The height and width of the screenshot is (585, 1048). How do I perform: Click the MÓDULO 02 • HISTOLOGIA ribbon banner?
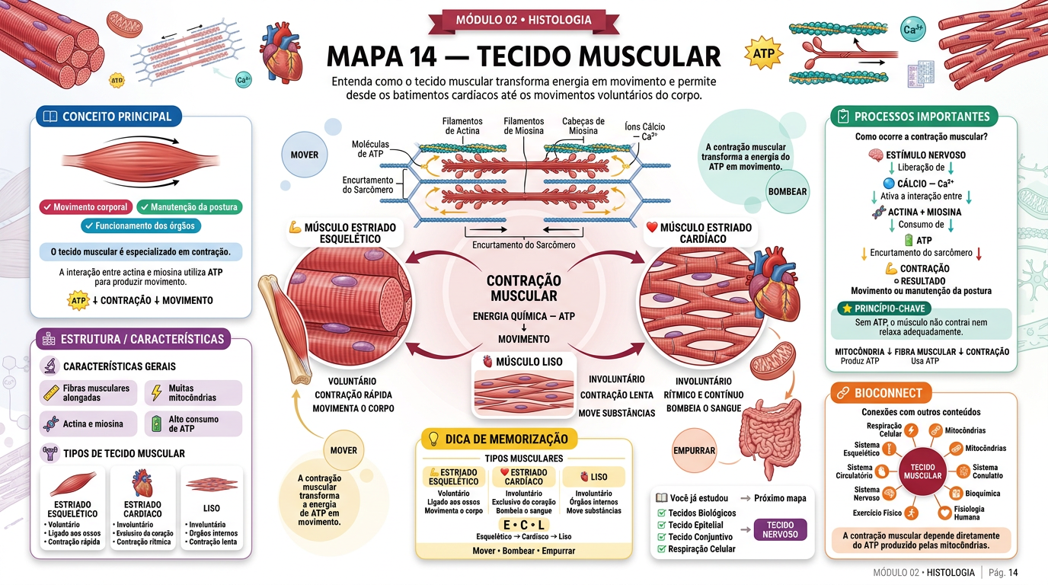[523, 20]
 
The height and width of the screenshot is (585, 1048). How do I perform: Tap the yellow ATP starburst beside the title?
[763, 53]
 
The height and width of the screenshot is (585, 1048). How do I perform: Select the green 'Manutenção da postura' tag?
[190, 207]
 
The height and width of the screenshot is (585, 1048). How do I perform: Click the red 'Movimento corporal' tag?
[85, 207]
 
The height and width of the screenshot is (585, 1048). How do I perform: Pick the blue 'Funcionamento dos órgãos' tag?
[141, 225]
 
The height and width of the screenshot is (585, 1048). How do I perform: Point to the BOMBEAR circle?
[788, 191]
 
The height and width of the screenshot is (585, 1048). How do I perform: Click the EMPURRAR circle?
[695, 450]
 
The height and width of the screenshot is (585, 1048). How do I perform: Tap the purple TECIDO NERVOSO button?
[780, 530]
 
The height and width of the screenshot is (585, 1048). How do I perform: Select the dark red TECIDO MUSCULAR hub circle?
[922, 472]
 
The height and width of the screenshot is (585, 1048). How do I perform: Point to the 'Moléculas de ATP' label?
[370, 149]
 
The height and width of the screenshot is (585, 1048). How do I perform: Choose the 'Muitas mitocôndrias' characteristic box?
[193, 392]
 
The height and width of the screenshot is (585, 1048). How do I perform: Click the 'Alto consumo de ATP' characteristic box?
[193, 424]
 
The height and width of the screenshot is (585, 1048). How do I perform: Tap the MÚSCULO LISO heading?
[523, 362]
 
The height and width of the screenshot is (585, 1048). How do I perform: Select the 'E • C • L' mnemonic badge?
[523, 525]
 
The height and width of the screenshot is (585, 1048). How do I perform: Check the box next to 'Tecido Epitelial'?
[662, 525]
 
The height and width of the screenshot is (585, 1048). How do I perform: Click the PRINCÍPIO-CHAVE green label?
[883, 308]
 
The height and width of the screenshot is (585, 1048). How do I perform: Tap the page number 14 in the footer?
[1013, 572]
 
